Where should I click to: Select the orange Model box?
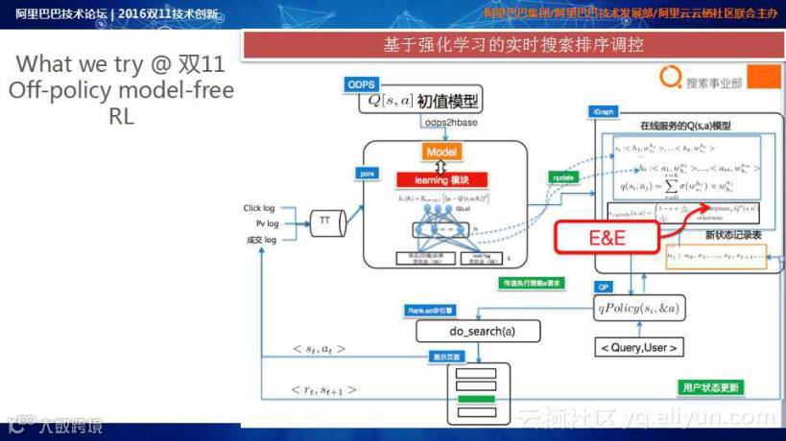[441, 151]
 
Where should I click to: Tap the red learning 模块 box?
[441, 179]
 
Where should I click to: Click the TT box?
[324, 221]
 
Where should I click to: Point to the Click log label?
[259, 208]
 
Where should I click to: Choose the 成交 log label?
[260, 240]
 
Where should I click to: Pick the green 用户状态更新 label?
[711, 387]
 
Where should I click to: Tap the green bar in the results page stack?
[474, 399]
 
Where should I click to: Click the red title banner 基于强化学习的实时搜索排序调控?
[513, 45]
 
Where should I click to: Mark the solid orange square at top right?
[763, 79]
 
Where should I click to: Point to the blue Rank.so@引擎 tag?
[429, 311]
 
